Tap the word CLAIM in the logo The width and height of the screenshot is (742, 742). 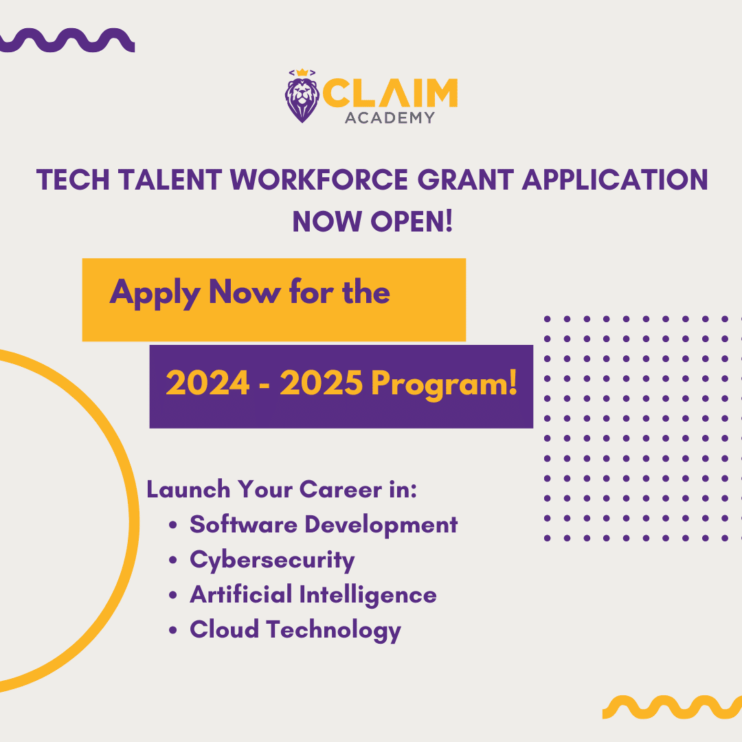point(390,93)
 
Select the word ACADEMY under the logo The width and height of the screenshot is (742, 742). point(390,118)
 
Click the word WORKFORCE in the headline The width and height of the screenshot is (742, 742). point(319,180)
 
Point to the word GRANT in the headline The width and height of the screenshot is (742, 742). point(466,180)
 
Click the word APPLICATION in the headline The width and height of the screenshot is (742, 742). point(615,180)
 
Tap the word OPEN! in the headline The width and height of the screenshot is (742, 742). point(412,221)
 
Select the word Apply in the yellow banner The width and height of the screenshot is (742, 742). point(155,294)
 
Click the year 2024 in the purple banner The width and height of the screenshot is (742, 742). point(207,383)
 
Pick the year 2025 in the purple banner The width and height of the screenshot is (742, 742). point(322,383)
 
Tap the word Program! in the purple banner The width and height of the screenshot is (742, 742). point(445,384)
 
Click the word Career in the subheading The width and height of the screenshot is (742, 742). point(341,489)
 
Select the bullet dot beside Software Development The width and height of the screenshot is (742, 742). point(172,526)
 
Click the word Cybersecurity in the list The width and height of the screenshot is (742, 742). point(272,561)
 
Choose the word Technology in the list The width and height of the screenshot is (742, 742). point(334,630)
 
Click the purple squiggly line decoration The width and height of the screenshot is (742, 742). point(67,41)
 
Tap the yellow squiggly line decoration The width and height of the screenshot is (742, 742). point(672,707)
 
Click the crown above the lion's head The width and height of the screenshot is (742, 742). point(302,73)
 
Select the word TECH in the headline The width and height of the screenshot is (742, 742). point(73,180)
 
